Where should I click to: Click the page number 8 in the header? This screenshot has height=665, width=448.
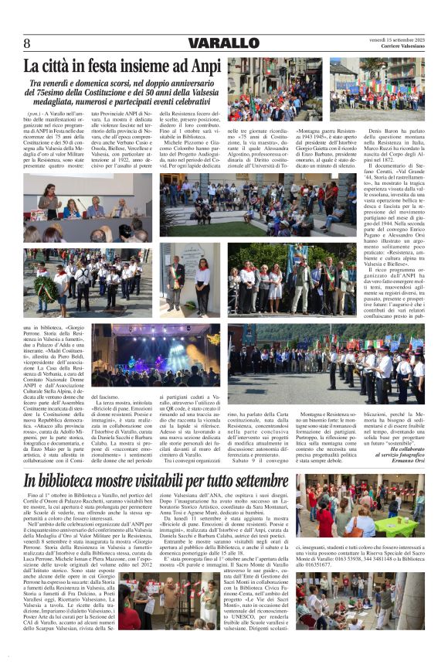pos(28,43)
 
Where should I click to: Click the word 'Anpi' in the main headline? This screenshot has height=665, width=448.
pos(202,66)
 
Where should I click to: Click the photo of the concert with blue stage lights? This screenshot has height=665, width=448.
pos(155,356)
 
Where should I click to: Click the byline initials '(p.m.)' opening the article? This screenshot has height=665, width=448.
pos(34,114)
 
